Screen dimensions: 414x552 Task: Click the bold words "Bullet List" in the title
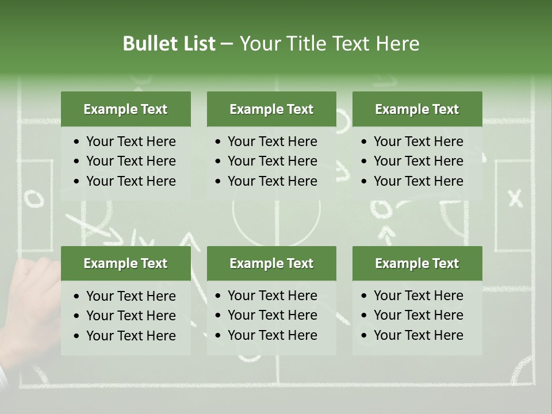168,44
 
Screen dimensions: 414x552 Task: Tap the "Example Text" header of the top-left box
125,109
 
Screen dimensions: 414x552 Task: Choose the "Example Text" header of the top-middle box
271,109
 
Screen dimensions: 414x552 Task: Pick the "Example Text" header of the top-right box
417,109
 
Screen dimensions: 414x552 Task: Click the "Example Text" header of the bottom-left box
125,263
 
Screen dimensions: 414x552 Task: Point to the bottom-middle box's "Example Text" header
271,263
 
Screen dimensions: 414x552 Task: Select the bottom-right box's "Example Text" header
417,263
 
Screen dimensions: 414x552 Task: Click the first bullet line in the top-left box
131,141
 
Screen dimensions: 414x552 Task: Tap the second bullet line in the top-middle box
272,161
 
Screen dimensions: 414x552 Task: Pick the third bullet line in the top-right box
418,181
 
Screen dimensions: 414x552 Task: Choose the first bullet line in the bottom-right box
418,296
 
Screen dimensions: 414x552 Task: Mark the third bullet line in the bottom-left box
131,336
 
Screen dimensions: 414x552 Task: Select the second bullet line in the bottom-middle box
272,315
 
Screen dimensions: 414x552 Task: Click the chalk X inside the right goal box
515,198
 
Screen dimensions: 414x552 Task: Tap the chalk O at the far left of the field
33,199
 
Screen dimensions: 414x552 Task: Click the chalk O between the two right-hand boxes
381,208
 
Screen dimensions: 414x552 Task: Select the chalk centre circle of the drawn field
277,216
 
